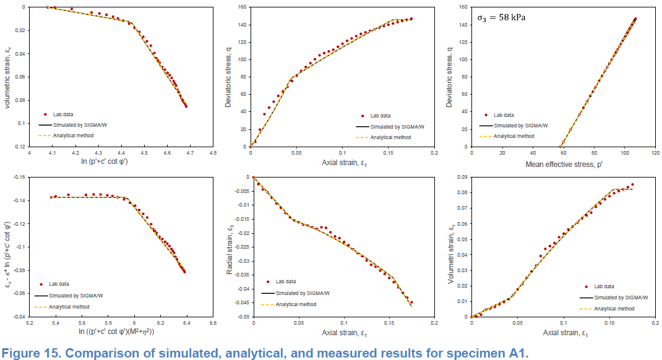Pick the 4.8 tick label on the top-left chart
coord(212,153)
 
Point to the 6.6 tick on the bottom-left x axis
coord(212,323)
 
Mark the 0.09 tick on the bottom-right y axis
coord(460,178)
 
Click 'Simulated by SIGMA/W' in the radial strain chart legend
coord(302,293)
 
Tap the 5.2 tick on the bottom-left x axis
coord(30,323)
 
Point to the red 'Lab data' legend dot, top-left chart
coord(45,115)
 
